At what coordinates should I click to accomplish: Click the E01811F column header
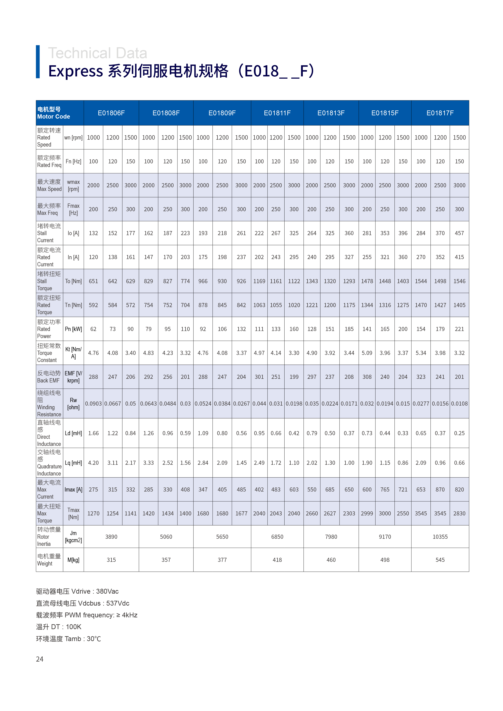(x=277, y=113)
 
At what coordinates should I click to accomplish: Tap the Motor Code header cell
(x=54, y=113)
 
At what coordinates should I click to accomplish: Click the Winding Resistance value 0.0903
(x=93, y=404)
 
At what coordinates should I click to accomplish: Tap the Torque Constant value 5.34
(x=421, y=353)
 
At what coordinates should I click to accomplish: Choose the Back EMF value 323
(x=421, y=377)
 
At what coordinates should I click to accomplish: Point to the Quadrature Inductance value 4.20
(x=93, y=463)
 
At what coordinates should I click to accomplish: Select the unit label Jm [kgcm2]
(x=73, y=537)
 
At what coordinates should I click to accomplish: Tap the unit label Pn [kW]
(x=73, y=329)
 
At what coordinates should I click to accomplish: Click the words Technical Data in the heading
(x=97, y=53)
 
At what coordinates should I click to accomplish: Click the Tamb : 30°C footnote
(x=69, y=639)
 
